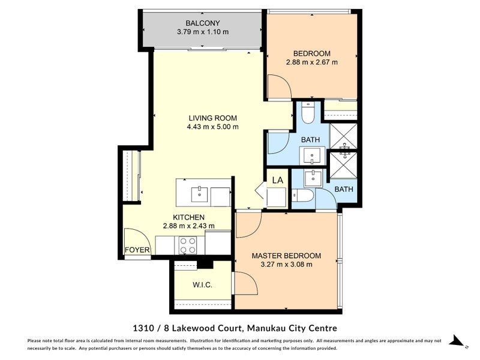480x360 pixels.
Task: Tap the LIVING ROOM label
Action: tap(212, 118)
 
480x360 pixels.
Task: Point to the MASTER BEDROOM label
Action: tap(286, 255)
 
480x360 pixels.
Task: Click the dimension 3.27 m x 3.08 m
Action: tap(286, 265)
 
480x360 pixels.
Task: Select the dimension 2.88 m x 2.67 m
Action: tap(311, 62)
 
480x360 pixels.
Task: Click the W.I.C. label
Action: tap(203, 284)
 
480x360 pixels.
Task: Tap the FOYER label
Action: tap(137, 250)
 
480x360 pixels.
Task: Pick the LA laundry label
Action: tap(277, 179)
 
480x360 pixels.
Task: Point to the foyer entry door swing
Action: tap(133, 237)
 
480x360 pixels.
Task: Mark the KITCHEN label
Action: tap(189, 217)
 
